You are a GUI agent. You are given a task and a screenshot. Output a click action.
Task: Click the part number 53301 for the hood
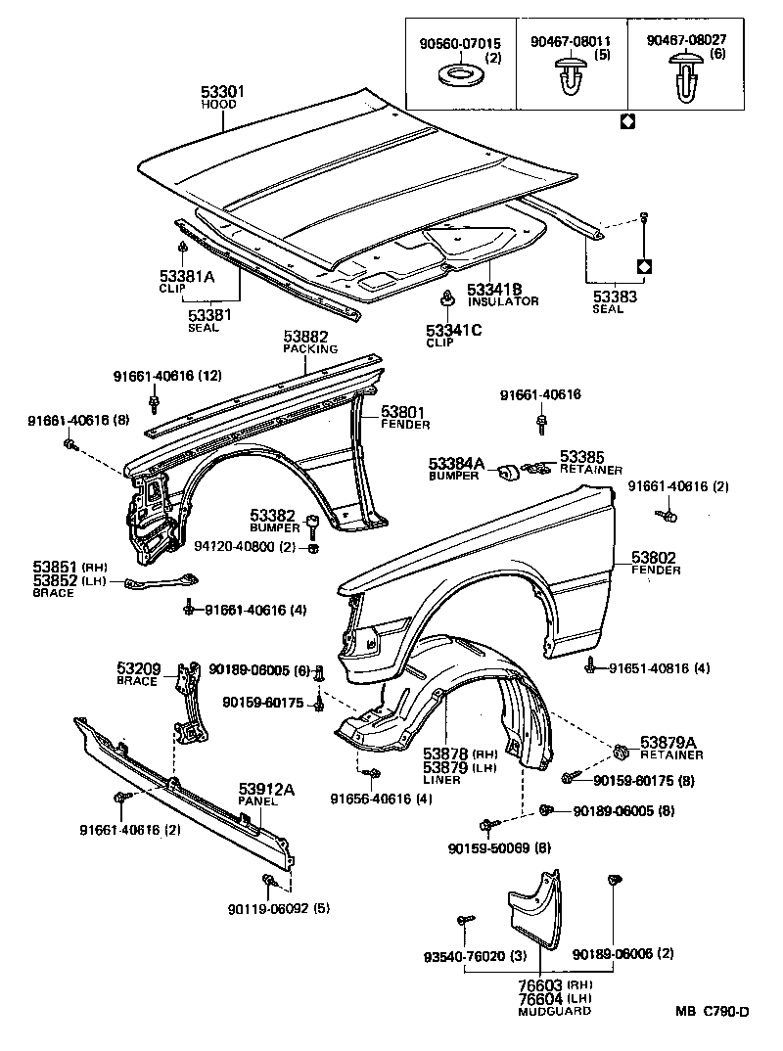click(x=222, y=91)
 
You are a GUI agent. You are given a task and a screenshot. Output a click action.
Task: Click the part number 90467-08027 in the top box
click(x=687, y=42)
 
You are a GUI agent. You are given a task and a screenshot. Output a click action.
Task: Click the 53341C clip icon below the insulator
click(x=447, y=298)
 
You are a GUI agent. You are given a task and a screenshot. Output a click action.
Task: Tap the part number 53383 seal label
click(x=614, y=296)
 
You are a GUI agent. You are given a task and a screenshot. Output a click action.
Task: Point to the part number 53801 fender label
click(x=403, y=413)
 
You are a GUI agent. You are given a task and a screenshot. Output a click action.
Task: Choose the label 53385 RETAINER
click(x=589, y=462)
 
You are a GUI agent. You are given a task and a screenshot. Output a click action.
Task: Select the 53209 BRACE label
click(x=140, y=674)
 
